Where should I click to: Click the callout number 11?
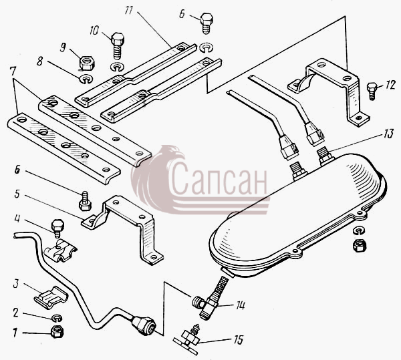tap(130, 10)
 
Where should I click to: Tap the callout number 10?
tap(94, 31)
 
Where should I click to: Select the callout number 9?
tap(63, 47)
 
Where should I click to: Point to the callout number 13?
tap(388, 134)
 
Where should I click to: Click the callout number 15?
tap(238, 340)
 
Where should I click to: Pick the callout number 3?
tap(16, 284)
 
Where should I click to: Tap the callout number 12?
tap(390, 85)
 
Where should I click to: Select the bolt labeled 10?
tap(118, 45)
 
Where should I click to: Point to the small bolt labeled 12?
tap(372, 91)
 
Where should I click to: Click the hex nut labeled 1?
tap(57, 332)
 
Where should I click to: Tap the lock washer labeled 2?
tap(57, 318)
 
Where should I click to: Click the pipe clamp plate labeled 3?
tap(51, 297)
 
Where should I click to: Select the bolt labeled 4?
tap(57, 229)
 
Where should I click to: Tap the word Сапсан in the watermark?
tap(218, 179)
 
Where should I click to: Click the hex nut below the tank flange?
tap(360, 246)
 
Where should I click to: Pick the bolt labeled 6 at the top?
tap(207, 23)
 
